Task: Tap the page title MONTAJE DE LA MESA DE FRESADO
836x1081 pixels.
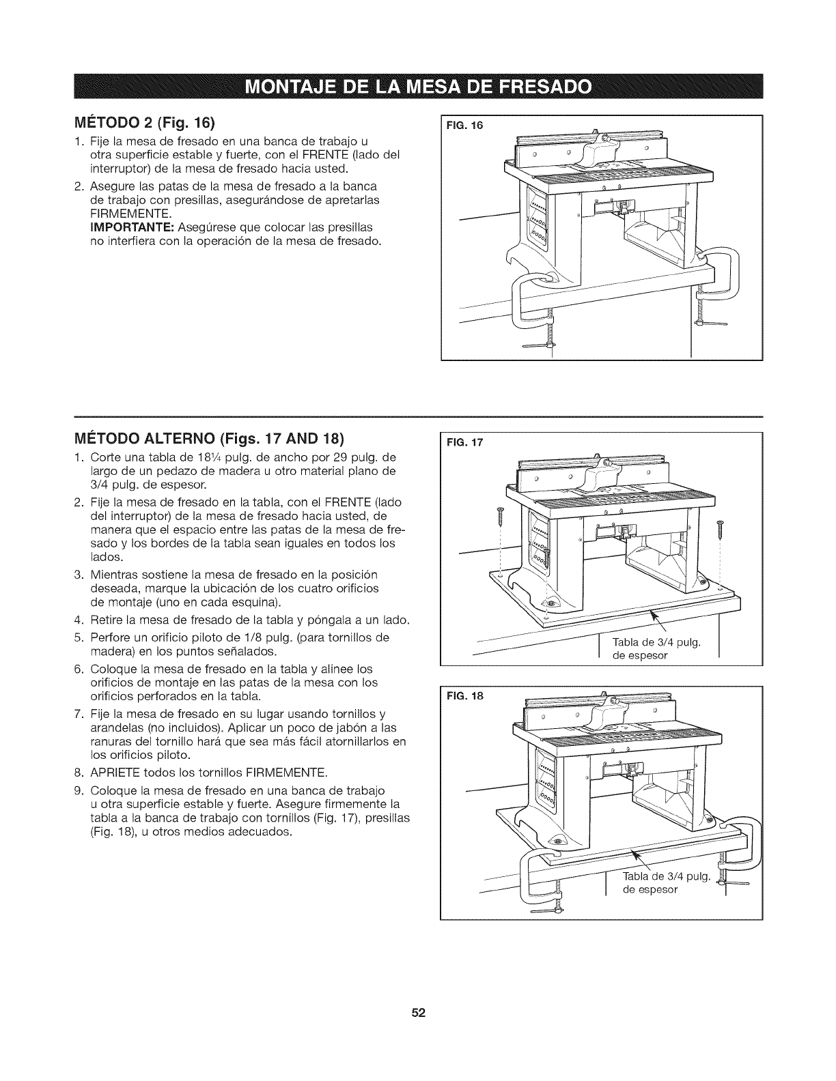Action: pos(417,88)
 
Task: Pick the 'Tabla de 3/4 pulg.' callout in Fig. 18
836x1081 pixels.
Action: pos(666,884)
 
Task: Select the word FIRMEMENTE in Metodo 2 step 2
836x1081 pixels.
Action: pos(128,213)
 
